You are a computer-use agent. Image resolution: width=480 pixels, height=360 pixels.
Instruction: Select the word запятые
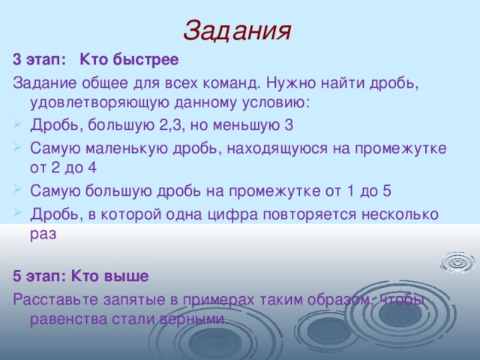click(x=134, y=298)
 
